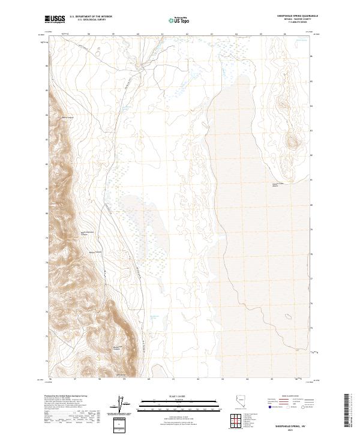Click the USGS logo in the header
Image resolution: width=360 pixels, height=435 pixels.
coord(56,20)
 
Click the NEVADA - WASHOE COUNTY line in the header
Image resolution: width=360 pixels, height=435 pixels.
coord(286,20)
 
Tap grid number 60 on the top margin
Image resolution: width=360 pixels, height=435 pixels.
coord(138,34)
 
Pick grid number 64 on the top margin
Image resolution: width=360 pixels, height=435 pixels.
coord(236,34)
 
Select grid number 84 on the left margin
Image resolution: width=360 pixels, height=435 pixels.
coord(47,115)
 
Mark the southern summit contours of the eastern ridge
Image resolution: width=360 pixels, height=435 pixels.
coord(291,142)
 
